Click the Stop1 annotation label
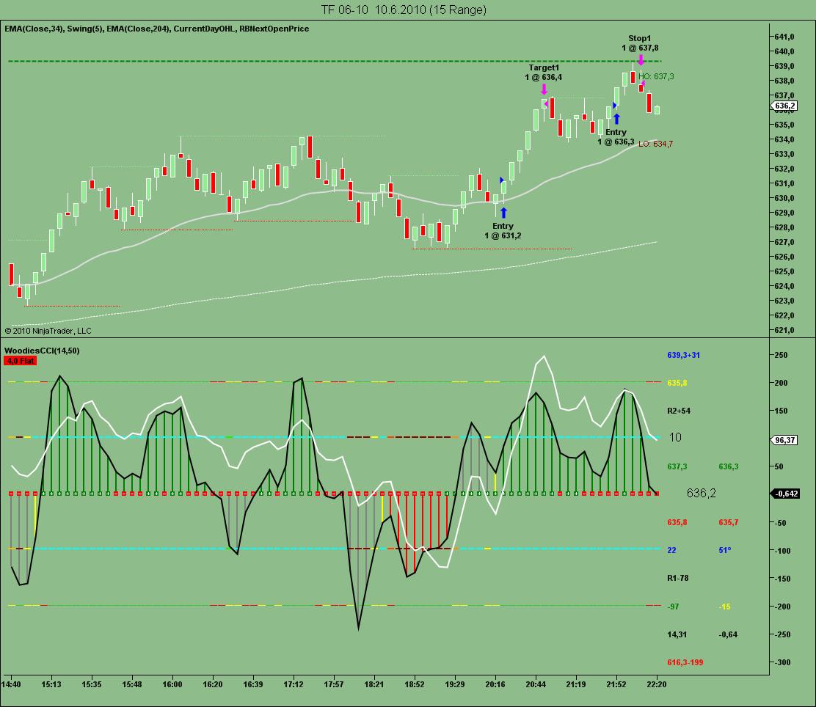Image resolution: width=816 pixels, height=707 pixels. [639, 38]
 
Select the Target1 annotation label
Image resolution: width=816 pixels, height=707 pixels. [543, 67]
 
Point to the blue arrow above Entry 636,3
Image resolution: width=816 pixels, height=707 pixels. [616, 118]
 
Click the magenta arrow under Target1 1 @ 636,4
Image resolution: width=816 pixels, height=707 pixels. [544, 89]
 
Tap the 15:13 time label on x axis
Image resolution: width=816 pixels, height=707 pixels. [51, 684]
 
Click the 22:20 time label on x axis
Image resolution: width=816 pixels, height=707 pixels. [656, 684]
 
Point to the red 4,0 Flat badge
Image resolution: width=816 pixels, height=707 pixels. [21, 361]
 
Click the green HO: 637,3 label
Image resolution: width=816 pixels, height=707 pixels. [656, 76]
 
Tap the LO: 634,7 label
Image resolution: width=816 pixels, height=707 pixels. [655, 144]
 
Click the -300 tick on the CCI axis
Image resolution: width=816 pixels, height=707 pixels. [784, 662]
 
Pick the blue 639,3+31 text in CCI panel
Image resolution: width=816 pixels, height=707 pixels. [684, 355]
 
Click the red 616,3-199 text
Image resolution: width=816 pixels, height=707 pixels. [685, 662]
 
